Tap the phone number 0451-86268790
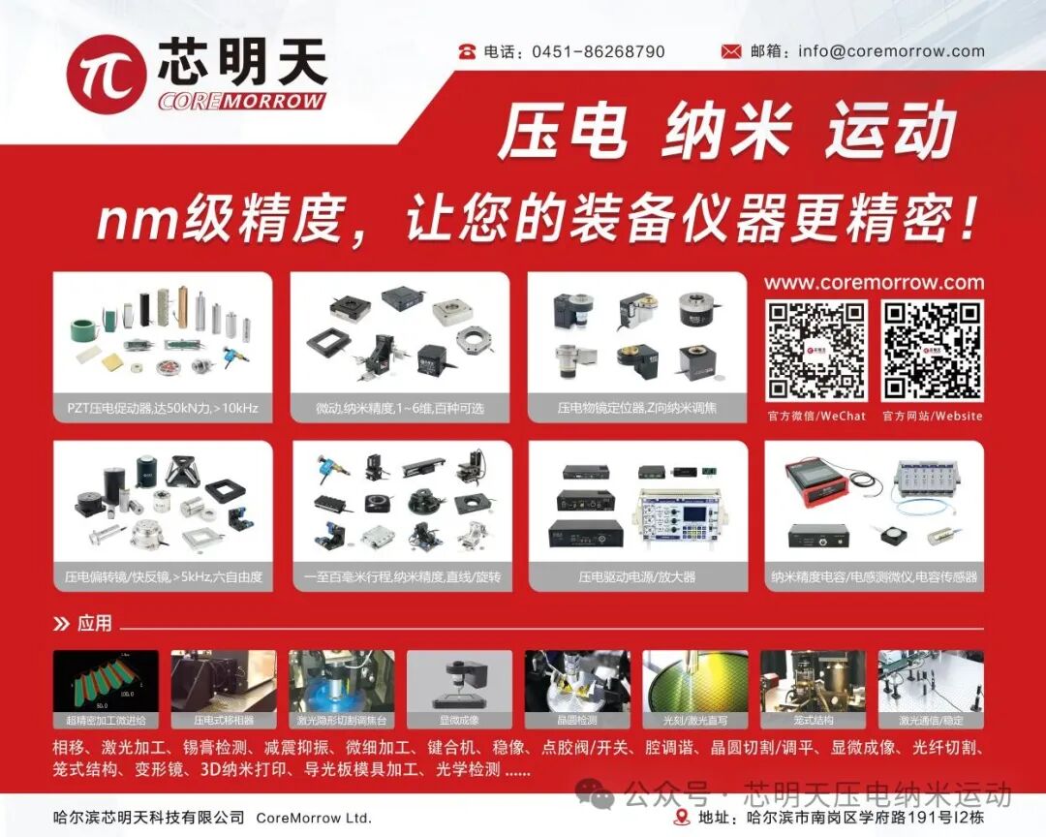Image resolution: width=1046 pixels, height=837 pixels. click(x=598, y=51)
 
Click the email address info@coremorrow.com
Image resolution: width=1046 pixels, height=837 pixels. click(x=891, y=51)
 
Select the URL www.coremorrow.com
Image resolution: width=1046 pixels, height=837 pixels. click(x=874, y=283)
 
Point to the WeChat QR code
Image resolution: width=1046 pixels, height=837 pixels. click(x=816, y=351)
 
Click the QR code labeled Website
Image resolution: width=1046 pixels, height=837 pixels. click(x=932, y=351)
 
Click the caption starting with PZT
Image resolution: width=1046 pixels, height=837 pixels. click(x=162, y=409)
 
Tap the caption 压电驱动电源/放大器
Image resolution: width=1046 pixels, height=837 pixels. click(x=637, y=576)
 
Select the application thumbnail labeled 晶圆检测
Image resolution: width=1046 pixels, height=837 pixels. click(x=577, y=689)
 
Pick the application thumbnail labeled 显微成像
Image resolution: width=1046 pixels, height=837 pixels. click(x=459, y=689)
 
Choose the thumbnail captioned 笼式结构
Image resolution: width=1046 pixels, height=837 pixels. click(x=813, y=689)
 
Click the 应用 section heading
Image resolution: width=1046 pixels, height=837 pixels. click(x=94, y=623)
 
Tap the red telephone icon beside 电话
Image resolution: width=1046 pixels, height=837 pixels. click(x=468, y=51)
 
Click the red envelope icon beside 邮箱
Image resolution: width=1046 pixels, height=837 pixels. click(x=731, y=51)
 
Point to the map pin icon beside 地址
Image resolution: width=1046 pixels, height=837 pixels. click(x=681, y=818)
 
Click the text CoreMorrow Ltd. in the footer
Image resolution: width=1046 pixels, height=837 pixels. click(x=313, y=818)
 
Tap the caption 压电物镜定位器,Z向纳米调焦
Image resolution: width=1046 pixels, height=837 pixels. click(x=637, y=409)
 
